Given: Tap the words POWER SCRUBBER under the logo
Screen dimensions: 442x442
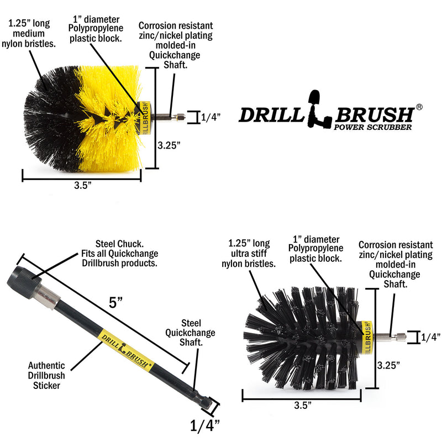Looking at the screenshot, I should tap(373, 128).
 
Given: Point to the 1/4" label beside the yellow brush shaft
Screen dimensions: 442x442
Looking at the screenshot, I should tap(211, 117).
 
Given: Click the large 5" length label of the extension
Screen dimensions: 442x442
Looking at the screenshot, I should tap(116, 302).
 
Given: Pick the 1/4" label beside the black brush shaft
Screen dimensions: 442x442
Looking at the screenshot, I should tap(431, 336).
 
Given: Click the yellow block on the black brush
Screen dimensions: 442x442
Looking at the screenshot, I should tap(365, 335).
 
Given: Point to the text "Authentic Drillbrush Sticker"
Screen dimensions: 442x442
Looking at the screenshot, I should tap(46, 375).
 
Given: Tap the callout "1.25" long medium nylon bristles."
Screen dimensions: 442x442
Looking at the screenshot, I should tap(32, 33).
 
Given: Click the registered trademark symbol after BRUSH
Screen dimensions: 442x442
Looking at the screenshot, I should tap(419, 107).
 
